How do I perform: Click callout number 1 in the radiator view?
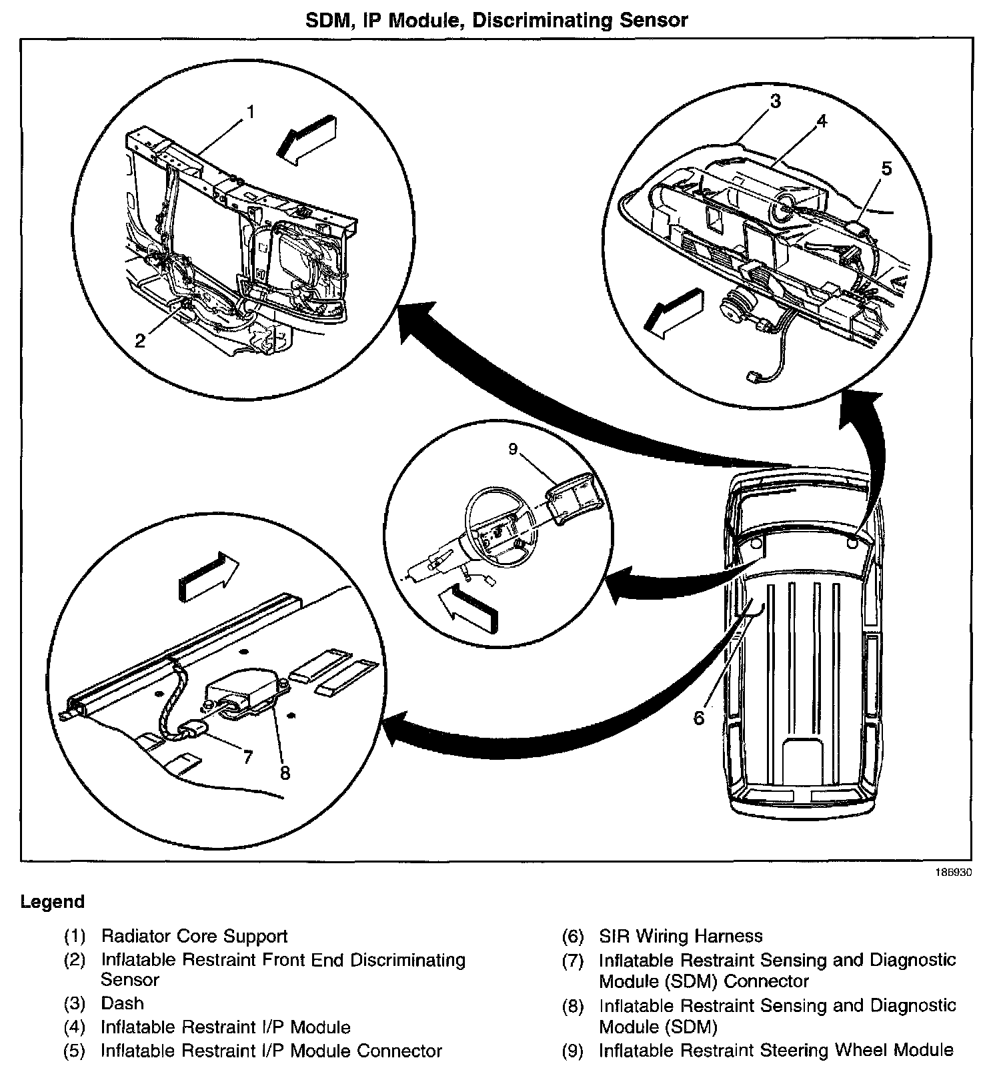click(x=250, y=111)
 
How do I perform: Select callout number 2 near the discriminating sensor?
click(x=140, y=341)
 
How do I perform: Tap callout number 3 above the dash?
click(x=775, y=101)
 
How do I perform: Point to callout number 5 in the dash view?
click(x=886, y=168)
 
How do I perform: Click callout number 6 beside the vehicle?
click(x=698, y=718)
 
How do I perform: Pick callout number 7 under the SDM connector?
click(x=247, y=756)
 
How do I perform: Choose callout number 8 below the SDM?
click(x=285, y=772)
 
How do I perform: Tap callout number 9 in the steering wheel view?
click(x=512, y=449)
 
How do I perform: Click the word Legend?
click(x=53, y=902)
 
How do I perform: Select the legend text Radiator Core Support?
click(x=194, y=936)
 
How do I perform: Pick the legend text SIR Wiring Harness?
click(x=680, y=936)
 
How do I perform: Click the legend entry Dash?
click(x=122, y=1003)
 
